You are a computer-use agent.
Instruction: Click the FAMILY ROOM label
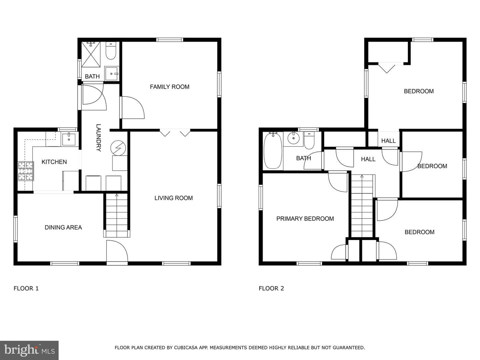pos(169,87)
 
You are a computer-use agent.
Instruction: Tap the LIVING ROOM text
pos(173,198)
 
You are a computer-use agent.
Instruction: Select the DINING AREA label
pos(63,228)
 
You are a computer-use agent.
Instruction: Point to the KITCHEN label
pos(54,162)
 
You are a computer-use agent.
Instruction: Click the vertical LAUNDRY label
pos(99,138)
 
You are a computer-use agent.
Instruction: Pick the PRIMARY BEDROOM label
pos(305,219)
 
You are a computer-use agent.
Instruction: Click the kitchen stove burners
pos(26,171)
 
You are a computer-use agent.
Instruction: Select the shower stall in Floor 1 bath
pos(91,54)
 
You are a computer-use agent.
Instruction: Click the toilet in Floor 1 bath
pos(111,50)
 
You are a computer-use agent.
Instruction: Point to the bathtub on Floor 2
pos(273,151)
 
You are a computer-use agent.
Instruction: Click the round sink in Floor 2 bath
pos(293,138)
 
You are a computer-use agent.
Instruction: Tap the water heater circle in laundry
pos(118,148)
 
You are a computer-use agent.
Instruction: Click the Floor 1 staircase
pos(117,215)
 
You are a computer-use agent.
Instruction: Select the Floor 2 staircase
pos(362,206)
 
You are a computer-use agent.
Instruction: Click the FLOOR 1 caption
pos(26,289)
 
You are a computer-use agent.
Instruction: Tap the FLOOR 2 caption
pos(271,289)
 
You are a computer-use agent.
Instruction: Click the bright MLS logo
pos(29,350)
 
